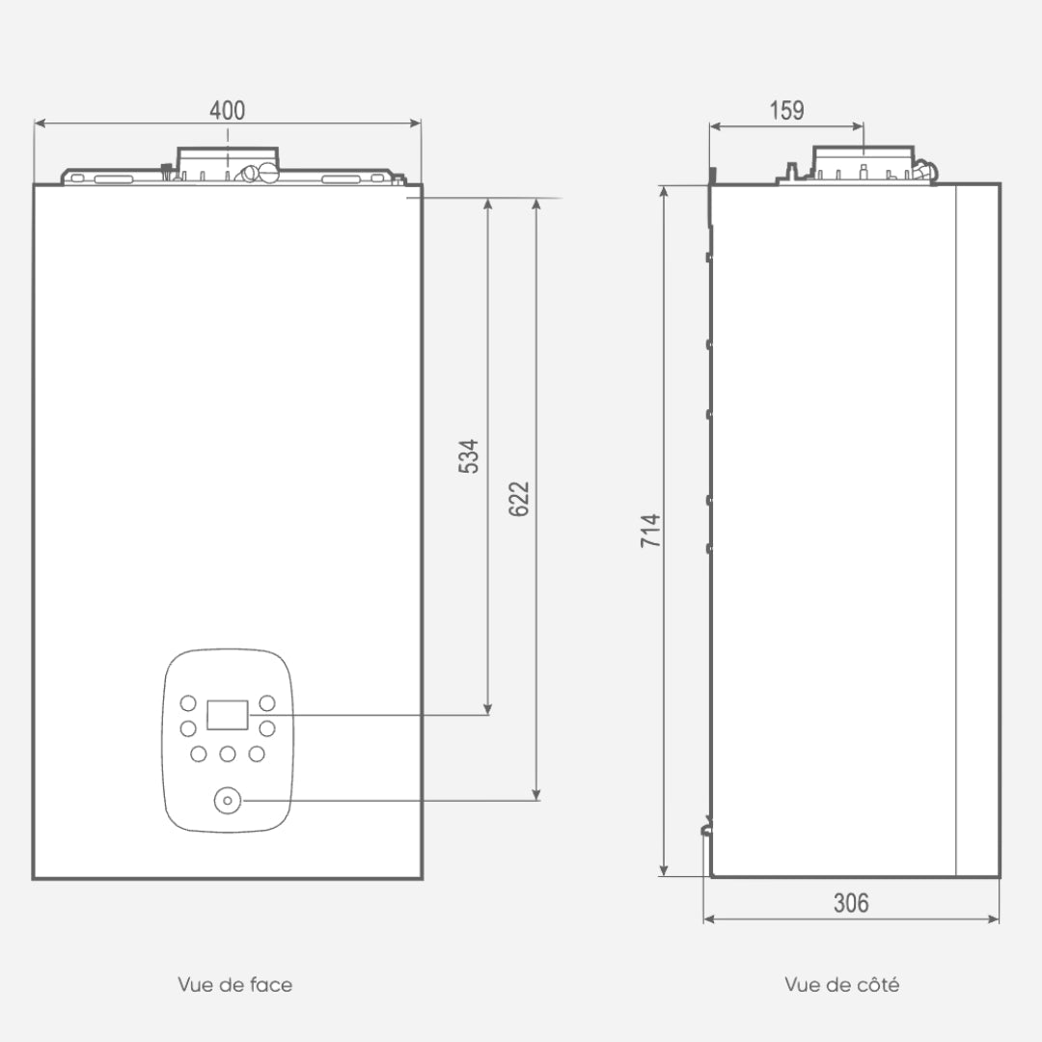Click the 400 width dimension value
[228, 110]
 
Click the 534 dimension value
[469, 455]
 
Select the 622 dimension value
[519, 499]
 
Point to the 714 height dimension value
[650, 531]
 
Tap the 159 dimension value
[787, 110]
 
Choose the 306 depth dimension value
[851, 903]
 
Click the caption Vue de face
[235, 985]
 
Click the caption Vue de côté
[842, 984]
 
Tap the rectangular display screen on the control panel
[228, 715]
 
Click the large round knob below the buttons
[228, 800]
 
